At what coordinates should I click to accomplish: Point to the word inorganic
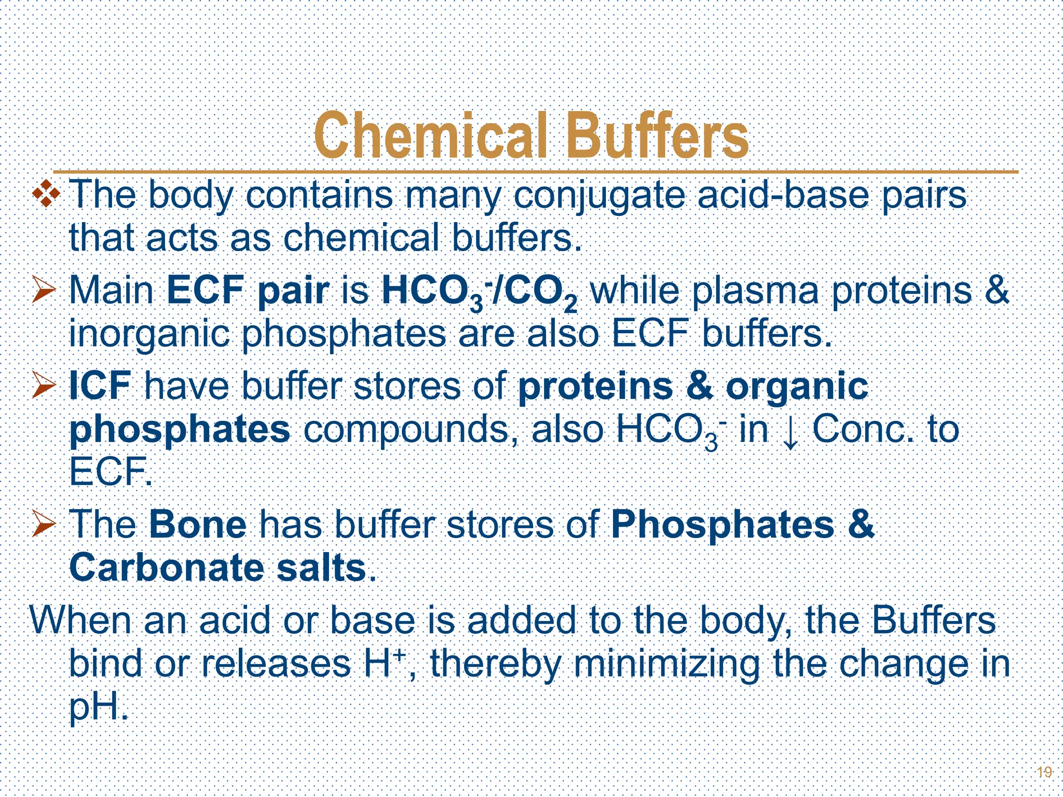click(149, 335)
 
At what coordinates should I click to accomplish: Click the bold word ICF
click(100, 386)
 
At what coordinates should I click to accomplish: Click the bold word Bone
click(198, 525)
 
